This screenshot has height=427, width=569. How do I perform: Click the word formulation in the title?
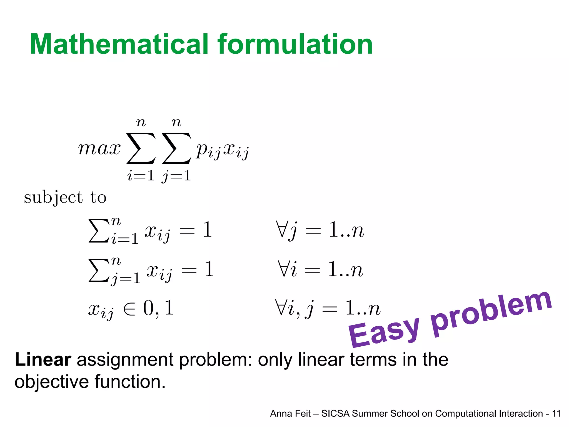(x=295, y=44)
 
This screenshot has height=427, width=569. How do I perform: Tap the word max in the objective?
(x=99, y=148)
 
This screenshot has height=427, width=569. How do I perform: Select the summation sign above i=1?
(x=141, y=148)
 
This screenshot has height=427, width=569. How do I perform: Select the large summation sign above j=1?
(x=177, y=148)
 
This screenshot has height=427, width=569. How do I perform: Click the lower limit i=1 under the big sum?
(x=141, y=176)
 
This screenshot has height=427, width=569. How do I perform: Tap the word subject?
(x=53, y=198)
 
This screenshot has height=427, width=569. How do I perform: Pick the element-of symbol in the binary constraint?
(x=129, y=309)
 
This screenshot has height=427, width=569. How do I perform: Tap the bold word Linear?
(x=43, y=360)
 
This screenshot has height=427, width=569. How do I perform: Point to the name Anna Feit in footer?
(x=290, y=414)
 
